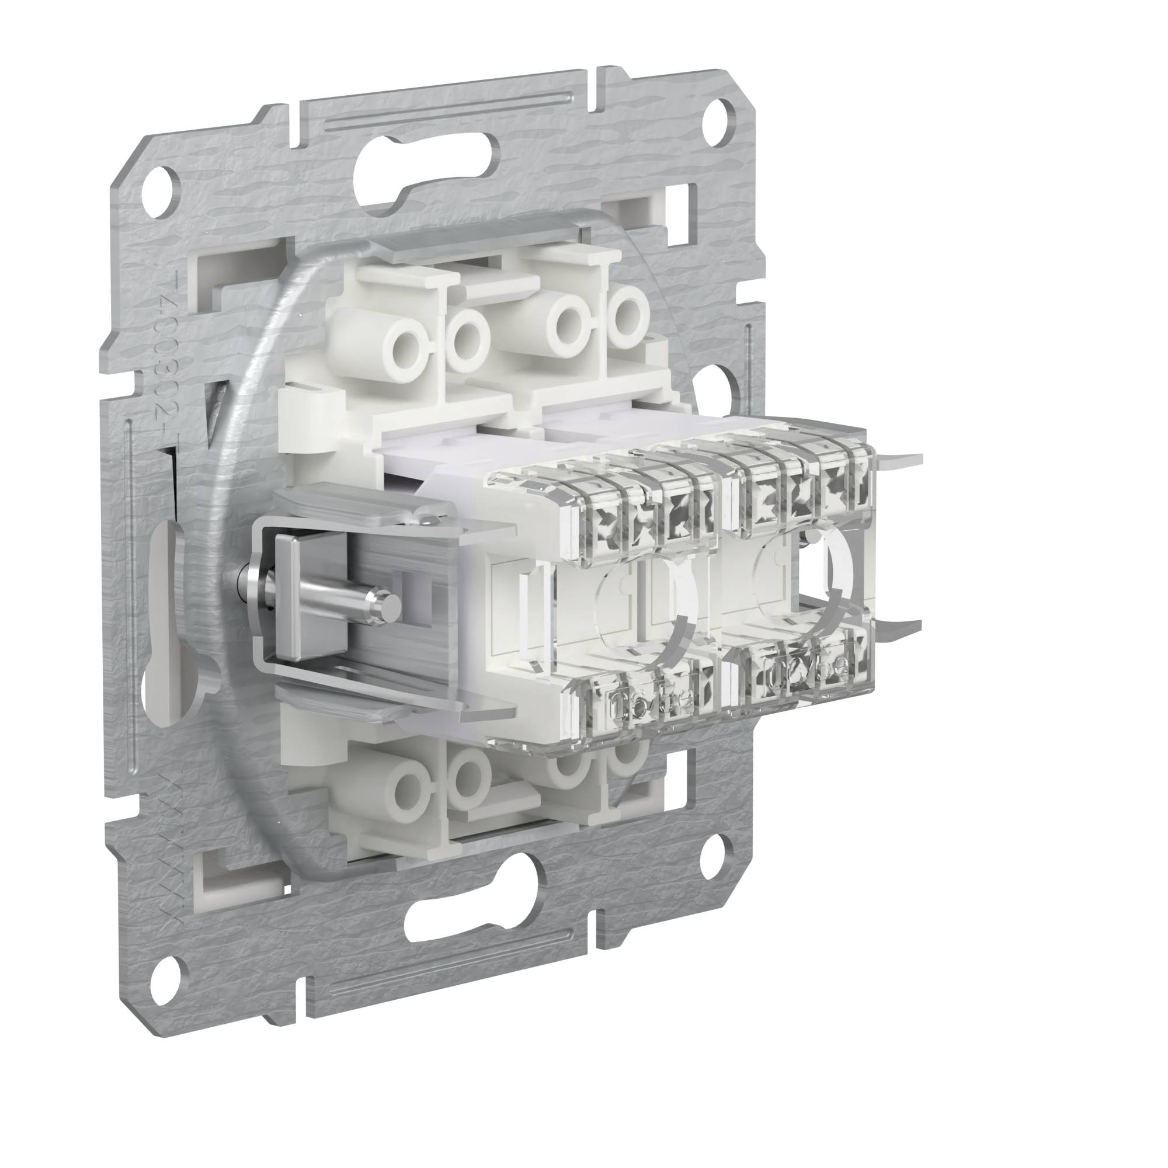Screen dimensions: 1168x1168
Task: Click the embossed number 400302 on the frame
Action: click(165, 357)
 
